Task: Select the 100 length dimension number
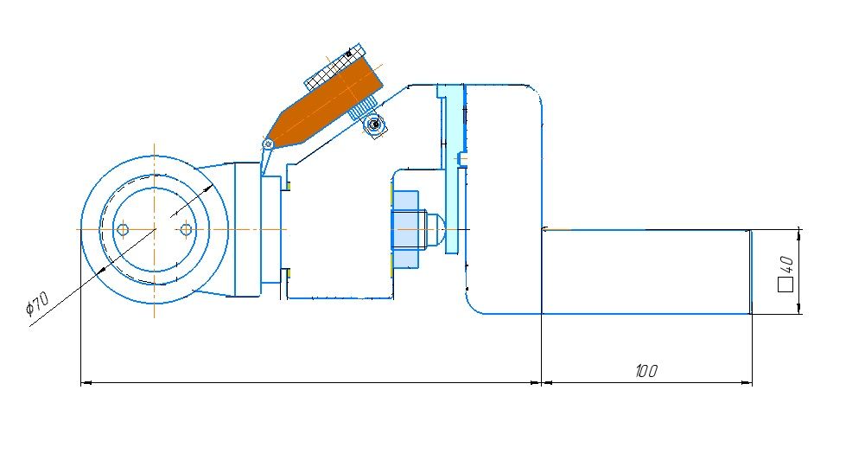click(x=646, y=371)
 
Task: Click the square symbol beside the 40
click(x=785, y=284)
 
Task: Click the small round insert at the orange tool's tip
click(x=268, y=144)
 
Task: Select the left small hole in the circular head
click(x=123, y=229)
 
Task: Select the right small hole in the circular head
click(x=187, y=229)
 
